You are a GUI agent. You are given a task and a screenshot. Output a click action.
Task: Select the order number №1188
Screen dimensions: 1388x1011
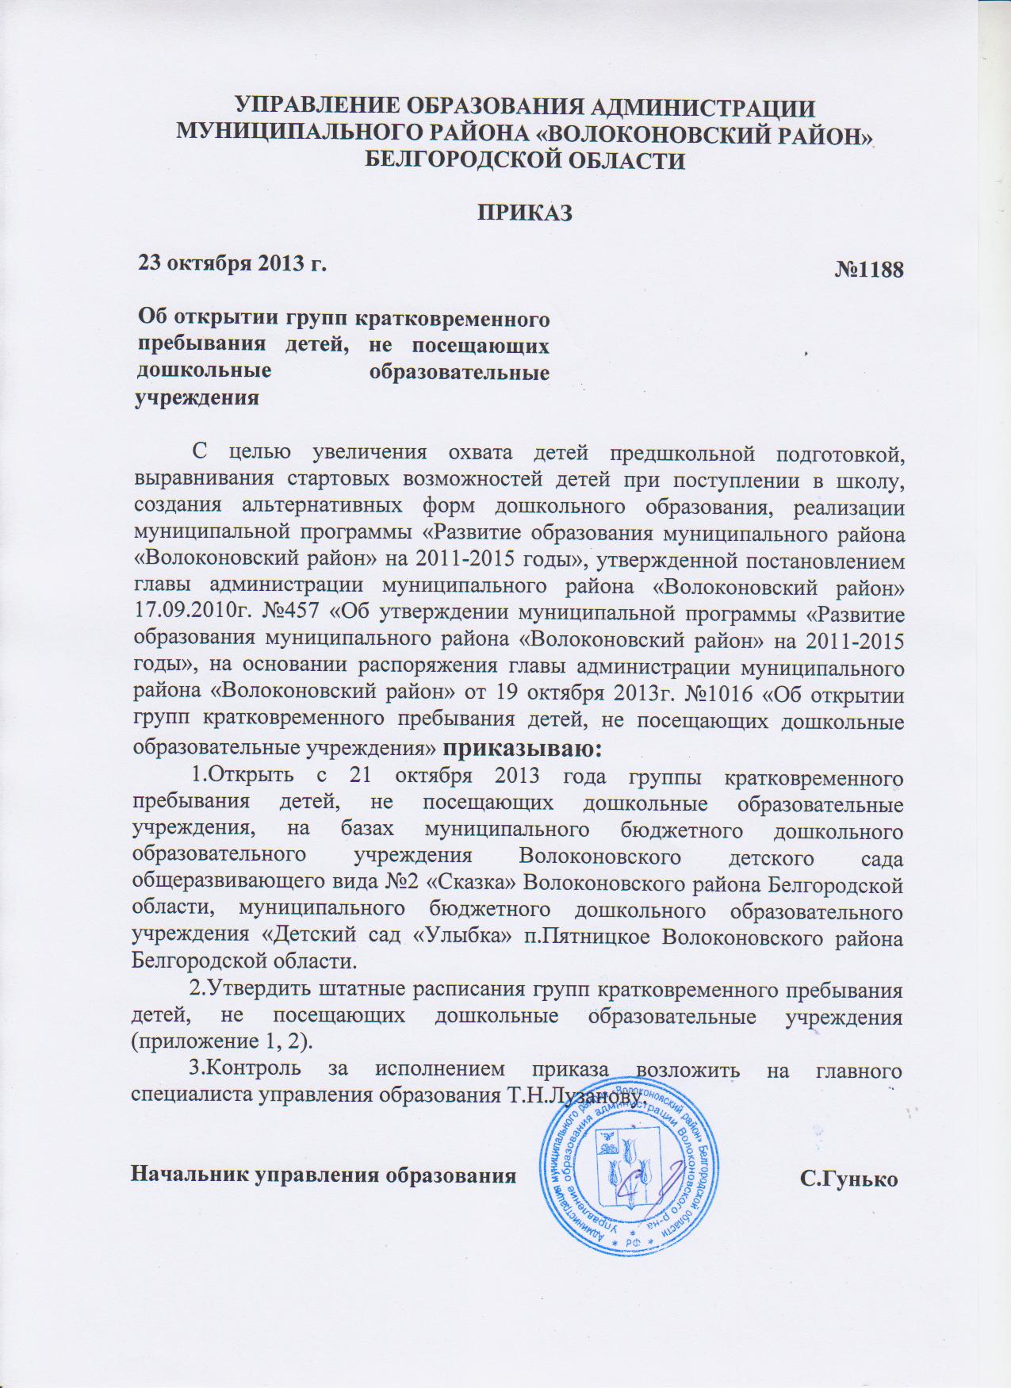tap(868, 270)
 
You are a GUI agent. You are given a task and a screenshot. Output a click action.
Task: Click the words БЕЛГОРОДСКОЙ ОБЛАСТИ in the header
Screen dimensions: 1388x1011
tap(523, 161)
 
